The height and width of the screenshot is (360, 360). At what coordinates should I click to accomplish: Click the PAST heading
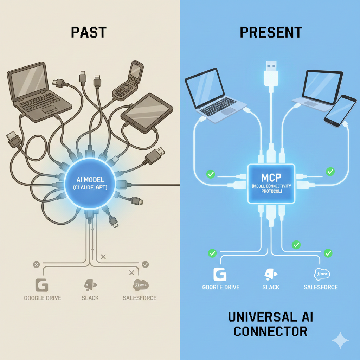pyautogui.click(x=89, y=32)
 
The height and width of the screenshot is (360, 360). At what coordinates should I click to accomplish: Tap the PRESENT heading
pyautogui.click(x=271, y=32)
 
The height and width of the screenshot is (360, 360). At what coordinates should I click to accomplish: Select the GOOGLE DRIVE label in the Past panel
pyautogui.click(x=43, y=298)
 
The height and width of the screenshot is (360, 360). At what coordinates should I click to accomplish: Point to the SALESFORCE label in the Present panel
pyautogui.click(x=321, y=287)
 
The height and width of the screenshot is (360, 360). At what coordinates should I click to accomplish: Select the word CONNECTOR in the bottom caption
pyautogui.click(x=271, y=331)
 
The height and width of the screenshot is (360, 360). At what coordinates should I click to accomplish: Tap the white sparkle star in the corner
pyautogui.click(x=340, y=340)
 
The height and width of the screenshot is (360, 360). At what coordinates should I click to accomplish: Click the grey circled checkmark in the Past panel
pyautogui.click(x=145, y=264)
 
